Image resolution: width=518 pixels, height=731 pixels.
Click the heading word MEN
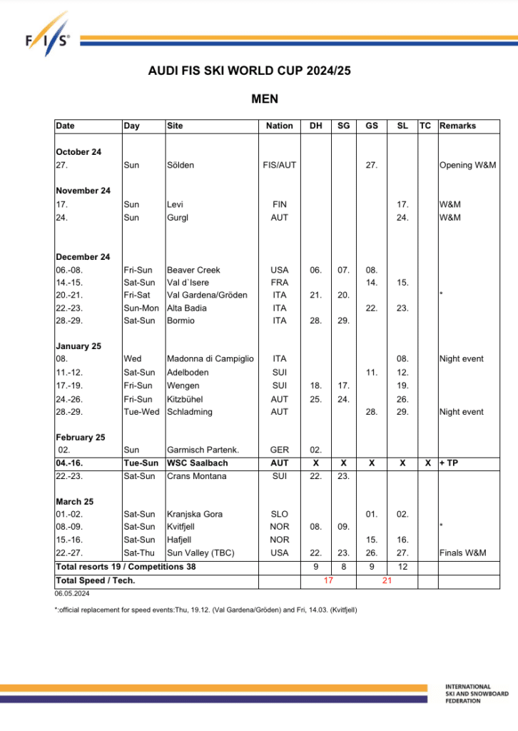[264, 99]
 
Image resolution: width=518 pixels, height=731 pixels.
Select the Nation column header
[279, 126]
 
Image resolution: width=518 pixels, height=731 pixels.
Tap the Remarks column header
[457, 126]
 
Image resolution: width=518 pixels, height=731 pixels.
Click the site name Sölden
[181, 165]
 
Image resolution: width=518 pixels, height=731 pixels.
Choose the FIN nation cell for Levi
[279, 204]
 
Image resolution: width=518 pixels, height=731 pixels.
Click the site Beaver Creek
[193, 270]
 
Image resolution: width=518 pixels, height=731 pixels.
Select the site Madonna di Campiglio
[210, 359]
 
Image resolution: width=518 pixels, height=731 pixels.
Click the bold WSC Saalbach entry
[198, 463]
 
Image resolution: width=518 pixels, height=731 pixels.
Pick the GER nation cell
[279, 450]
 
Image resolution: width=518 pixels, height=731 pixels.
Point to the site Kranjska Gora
[194, 514]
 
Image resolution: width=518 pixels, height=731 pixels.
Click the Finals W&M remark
[464, 553]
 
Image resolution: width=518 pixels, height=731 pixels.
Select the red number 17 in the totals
[328, 580]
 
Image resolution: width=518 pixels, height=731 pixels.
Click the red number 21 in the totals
[387, 580]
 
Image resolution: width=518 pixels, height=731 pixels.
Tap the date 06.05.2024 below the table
[71, 593]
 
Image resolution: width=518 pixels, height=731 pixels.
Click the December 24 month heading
[83, 257]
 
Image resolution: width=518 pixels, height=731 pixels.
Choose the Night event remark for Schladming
[462, 412]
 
